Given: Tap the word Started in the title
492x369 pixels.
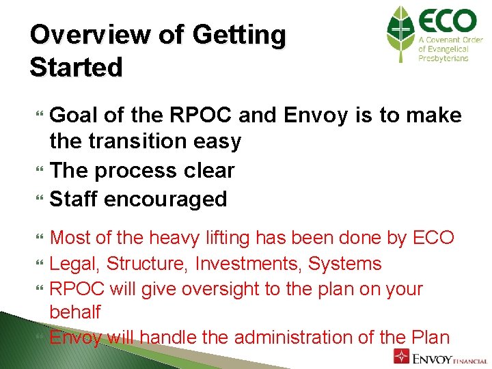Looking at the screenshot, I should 77,68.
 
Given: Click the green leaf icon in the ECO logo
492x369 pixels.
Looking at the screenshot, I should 400,34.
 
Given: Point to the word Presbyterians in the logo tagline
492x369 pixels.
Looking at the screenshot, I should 443,59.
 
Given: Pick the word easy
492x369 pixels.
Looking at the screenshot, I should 219,142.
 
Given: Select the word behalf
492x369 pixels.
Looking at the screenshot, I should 75,312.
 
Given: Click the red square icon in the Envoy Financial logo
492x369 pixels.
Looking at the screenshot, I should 402,357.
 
